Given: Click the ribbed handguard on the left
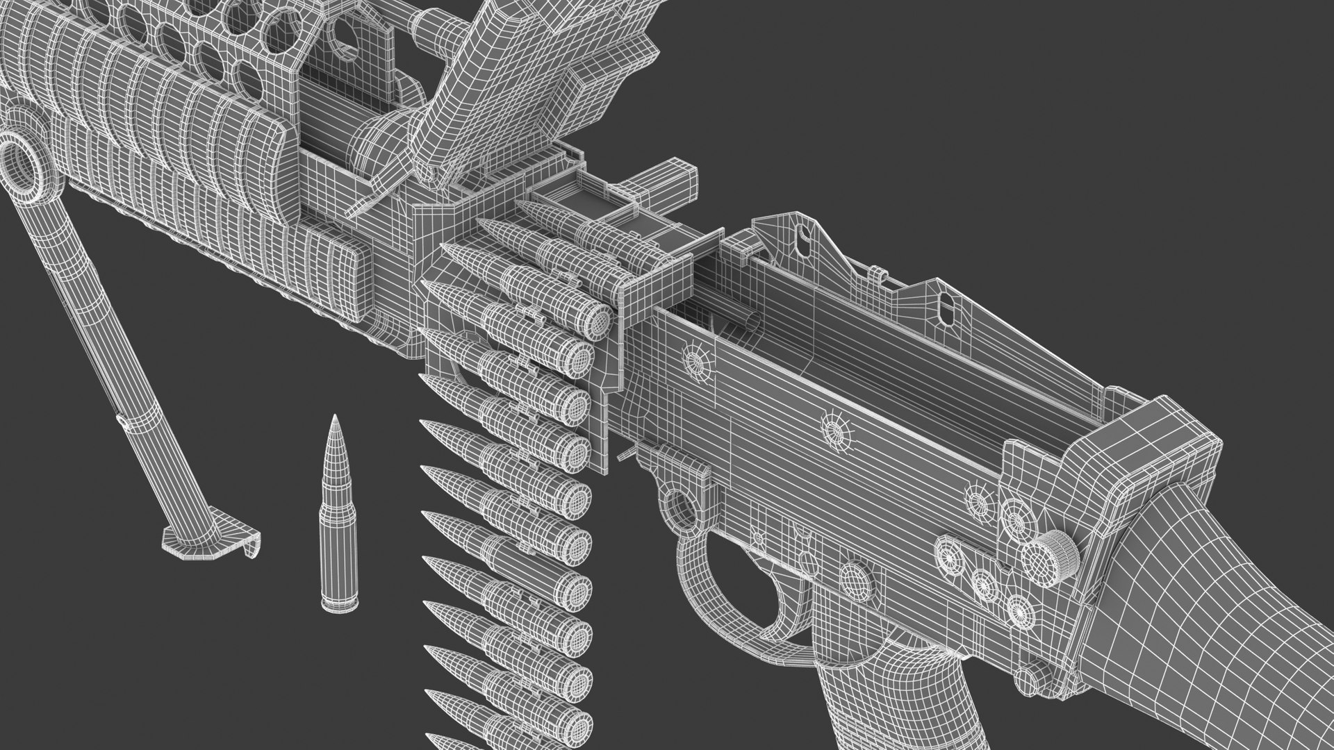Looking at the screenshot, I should pos(174,139).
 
